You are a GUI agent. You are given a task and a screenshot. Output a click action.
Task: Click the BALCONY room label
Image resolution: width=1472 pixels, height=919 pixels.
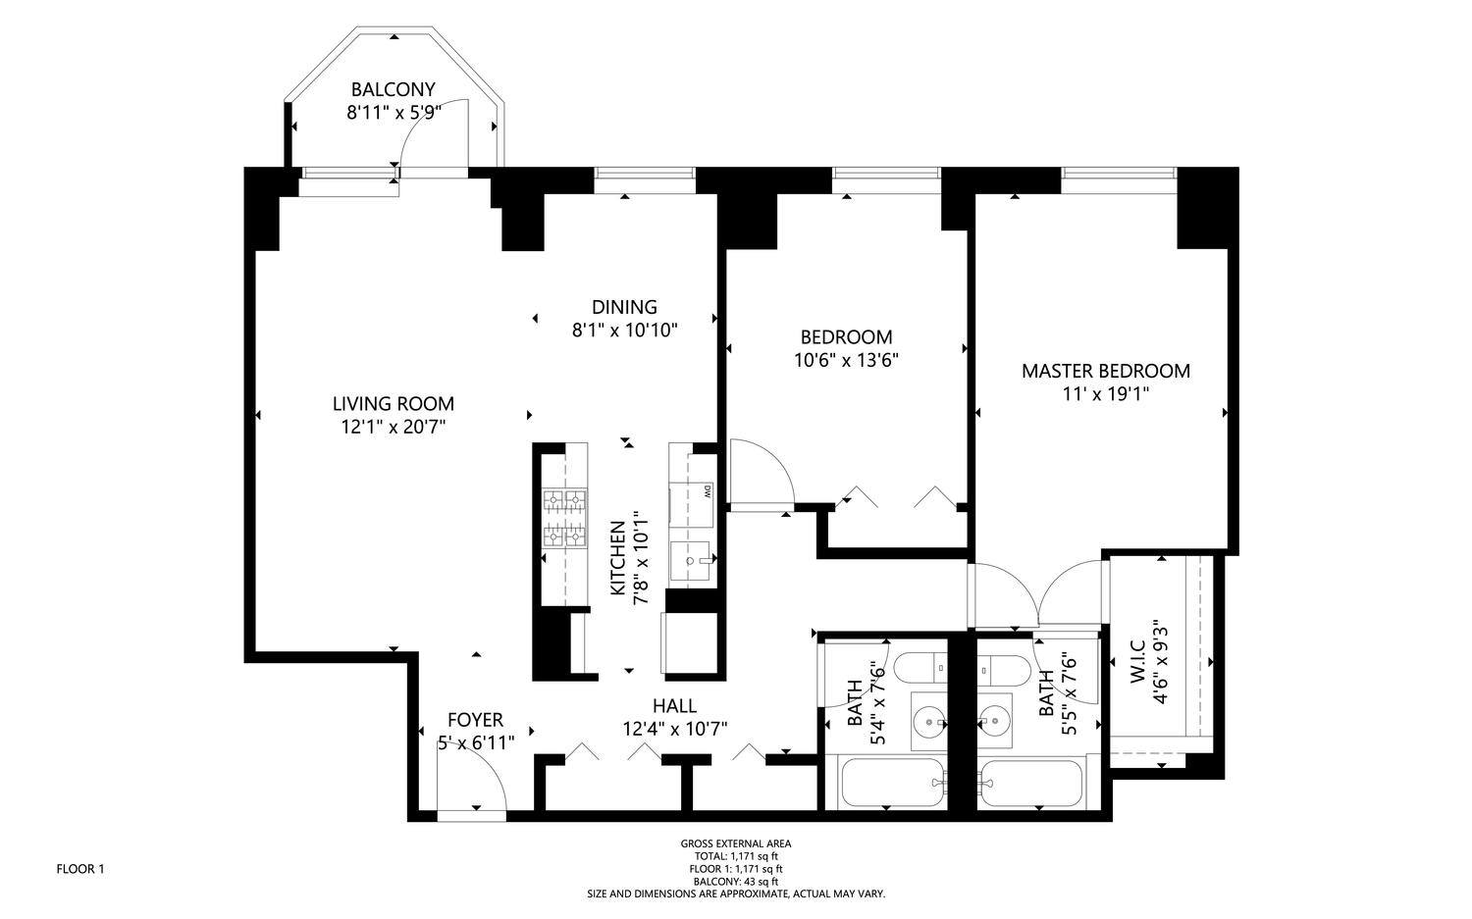click(x=393, y=89)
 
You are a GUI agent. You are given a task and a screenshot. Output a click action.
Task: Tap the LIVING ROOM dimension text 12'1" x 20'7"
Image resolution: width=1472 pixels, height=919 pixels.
click(x=393, y=428)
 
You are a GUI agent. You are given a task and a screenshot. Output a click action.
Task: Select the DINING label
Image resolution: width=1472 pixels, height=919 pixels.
click(x=624, y=307)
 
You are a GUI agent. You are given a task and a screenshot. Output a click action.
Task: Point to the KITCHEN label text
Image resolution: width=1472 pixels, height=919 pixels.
click(x=617, y=558)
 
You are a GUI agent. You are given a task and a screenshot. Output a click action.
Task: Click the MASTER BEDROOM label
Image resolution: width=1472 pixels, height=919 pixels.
click(x=1106, y=371)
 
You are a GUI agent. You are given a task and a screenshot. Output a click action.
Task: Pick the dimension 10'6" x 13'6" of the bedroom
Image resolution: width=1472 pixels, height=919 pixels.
click(x=846, y=361)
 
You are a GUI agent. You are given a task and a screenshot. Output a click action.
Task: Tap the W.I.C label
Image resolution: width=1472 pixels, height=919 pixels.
click(x=1138, y=661)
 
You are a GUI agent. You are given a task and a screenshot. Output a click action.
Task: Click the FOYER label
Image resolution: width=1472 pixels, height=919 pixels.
click(x=475, y=720)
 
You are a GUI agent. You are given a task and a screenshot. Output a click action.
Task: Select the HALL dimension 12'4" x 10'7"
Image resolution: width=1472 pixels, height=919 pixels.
click(x=675, y=730)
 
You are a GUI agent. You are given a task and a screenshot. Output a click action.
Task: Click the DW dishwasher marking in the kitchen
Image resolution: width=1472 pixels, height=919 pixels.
click(x=708, y=490)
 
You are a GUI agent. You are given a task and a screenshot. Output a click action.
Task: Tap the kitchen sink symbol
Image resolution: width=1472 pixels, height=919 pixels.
click(x=690, y=561)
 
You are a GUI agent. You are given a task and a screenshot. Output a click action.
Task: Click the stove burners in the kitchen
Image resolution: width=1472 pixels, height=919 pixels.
click(x=564, y=519)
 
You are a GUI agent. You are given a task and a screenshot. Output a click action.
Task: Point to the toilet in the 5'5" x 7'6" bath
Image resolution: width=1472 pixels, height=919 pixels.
click(x=1003, y=670)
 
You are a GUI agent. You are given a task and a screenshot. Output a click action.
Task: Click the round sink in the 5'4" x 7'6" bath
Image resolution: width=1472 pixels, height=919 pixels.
click(x=928, y=723)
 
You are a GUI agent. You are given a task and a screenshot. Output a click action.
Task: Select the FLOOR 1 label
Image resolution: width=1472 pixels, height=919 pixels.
click(x=80, y=869)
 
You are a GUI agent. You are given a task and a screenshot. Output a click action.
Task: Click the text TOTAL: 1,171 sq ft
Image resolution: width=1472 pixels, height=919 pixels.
click(x=736, y=856)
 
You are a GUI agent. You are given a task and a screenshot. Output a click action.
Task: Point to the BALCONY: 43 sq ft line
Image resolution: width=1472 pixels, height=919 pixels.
click(x=736, y=882)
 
